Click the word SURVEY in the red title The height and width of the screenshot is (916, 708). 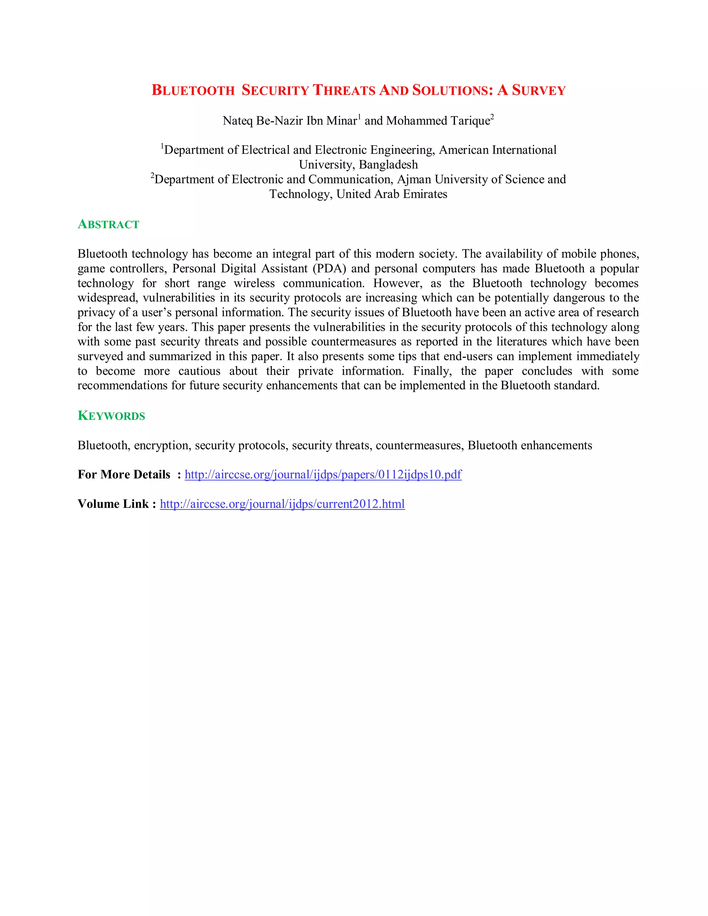coord(539,90)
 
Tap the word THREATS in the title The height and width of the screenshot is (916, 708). coord(344,90)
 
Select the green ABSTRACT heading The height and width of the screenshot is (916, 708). coord(108,224)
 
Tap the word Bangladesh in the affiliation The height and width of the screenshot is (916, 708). coord(388,165)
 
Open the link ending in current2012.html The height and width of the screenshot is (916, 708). coord(282,504)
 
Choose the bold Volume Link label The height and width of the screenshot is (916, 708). coord(113,504)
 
